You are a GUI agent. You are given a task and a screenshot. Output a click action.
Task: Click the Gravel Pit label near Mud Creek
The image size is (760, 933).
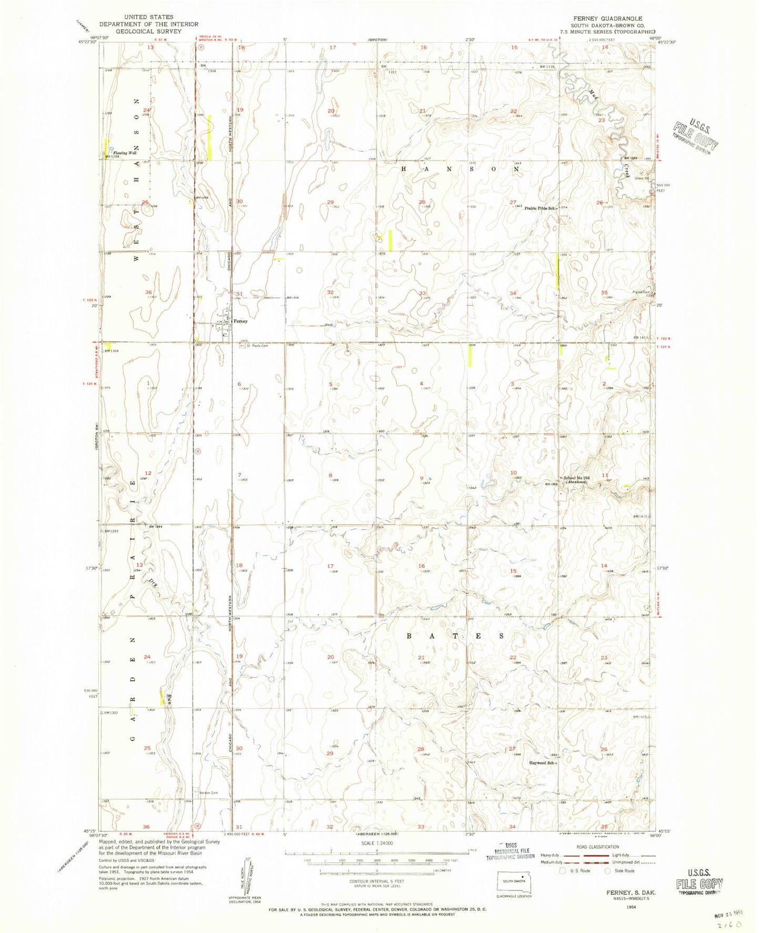point(642,178)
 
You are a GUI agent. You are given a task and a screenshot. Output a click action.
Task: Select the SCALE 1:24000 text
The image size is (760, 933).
point(376,857)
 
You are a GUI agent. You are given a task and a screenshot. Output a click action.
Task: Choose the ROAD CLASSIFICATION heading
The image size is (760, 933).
point(597,847)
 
